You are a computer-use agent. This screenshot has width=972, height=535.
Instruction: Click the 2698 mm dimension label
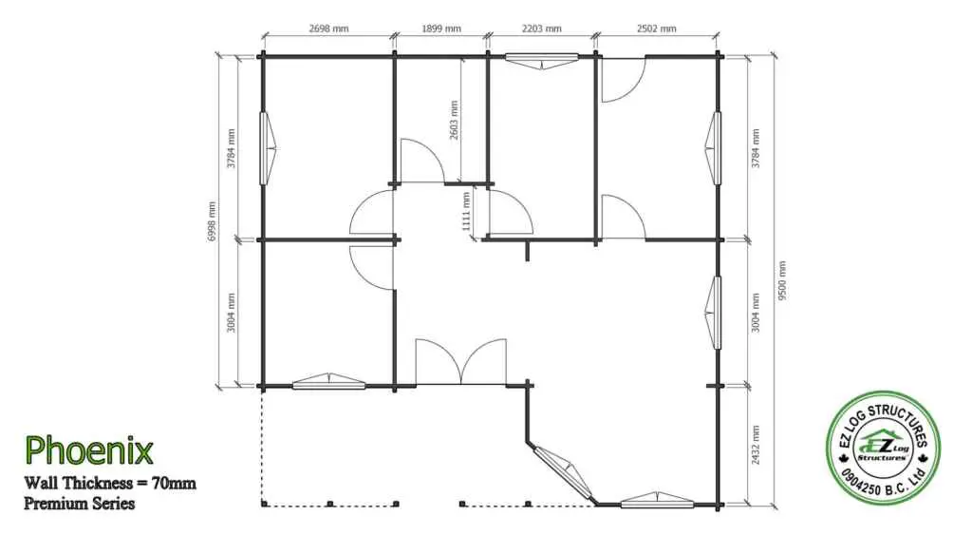pos(328,29)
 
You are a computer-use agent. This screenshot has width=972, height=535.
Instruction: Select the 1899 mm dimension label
pos(441,29)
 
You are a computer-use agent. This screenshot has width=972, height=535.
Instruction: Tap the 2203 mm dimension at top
pos(542,29)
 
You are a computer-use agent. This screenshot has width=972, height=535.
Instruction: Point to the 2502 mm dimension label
pos(657,29)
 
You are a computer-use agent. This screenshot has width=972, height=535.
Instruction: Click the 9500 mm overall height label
pos(782,280)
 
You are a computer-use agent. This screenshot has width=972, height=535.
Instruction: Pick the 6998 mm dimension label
pos(212,221)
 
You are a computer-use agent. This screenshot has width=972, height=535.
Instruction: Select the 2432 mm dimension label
pos(756,445)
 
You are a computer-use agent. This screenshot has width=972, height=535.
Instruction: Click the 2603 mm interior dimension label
pos(455,121)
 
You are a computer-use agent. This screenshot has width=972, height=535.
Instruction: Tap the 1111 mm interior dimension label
pos(466,211)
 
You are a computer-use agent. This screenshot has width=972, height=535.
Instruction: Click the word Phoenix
pos(88,450)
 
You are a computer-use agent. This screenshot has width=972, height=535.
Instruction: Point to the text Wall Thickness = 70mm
pos(110,483)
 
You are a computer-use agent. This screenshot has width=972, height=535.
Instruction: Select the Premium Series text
pos(80,503)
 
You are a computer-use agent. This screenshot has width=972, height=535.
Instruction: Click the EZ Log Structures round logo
pos(883,449)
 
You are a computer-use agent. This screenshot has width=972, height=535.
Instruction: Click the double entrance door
pos(460,362)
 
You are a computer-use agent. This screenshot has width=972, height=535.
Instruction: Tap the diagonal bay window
pos(563,471)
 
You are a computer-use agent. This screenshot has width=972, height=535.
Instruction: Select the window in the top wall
pos(542,60)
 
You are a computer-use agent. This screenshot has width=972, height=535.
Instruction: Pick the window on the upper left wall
pos(267,148)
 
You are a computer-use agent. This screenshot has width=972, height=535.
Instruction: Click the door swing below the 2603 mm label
pos(422,162)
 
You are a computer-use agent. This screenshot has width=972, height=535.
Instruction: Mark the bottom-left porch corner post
pos(264,504)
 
